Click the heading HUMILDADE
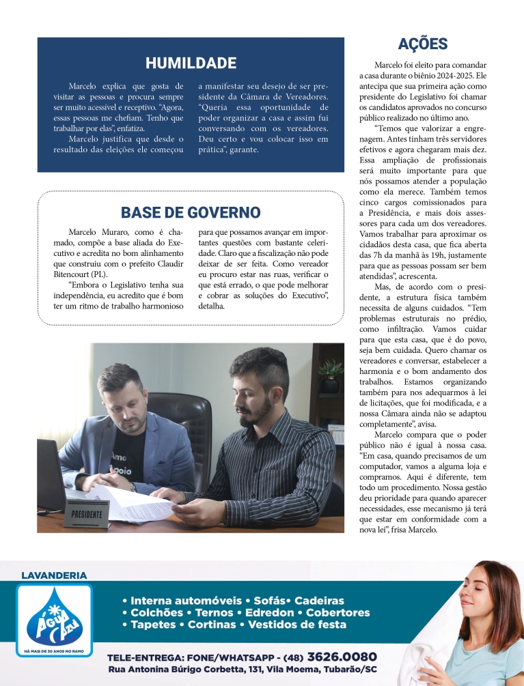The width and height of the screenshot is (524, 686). pos(191,63)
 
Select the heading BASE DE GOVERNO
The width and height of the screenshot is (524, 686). pos(191,212)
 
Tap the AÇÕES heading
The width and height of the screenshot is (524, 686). pos(422,44)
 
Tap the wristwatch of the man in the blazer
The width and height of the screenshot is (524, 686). pos(133,487)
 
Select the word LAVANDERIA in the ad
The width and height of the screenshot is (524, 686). pos(55,575)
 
